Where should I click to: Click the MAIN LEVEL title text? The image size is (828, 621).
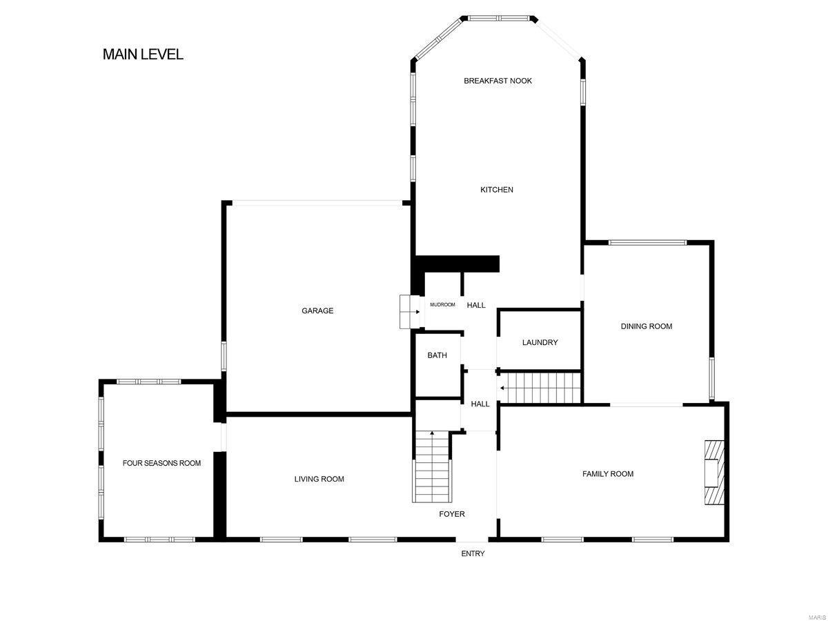(143, 55)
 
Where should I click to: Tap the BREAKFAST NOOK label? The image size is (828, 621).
(497, 81)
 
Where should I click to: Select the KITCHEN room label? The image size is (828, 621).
(497, 190)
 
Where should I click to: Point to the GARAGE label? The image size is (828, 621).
(317, 310)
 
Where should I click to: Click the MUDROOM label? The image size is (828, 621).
(442, 305)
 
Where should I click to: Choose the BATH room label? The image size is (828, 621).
(437, 355)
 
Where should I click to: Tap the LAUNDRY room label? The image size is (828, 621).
(540, 342)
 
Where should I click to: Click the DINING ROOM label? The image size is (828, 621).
(646, 326)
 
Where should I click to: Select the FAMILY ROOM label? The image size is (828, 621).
(608, 474)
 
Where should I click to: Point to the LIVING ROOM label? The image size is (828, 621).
(319, 479)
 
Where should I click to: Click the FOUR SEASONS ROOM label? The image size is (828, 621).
(161, 463)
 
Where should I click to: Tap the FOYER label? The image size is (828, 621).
(452, 514)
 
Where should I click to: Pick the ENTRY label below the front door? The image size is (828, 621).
(473, 553)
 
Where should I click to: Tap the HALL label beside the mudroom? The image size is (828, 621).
(476, 305)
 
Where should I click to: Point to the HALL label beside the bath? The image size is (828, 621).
(480, 404)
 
